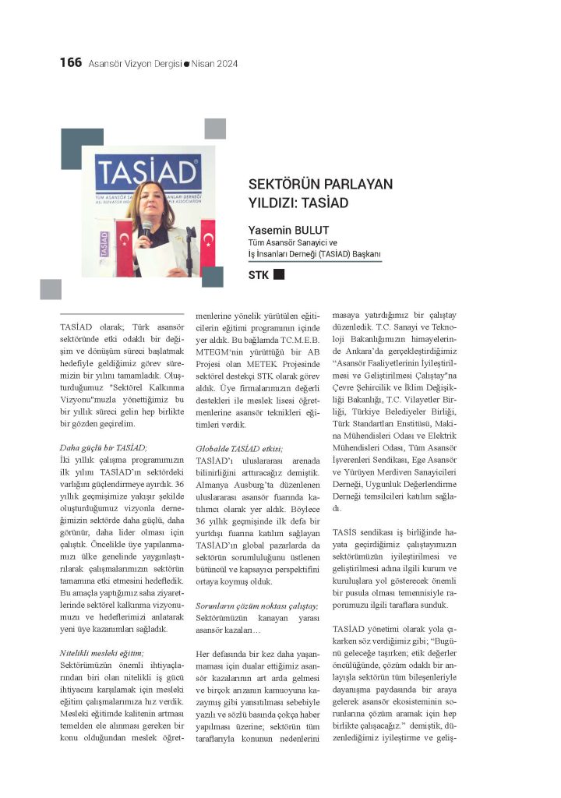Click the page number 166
[x=70, y=63]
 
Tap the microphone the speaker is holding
[x=146, y=227]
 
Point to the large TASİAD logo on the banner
[x=146, y=171]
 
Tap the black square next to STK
[x=279, y=274]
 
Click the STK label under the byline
[x=258, y=275]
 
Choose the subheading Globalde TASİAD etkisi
[x=239, y=447]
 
